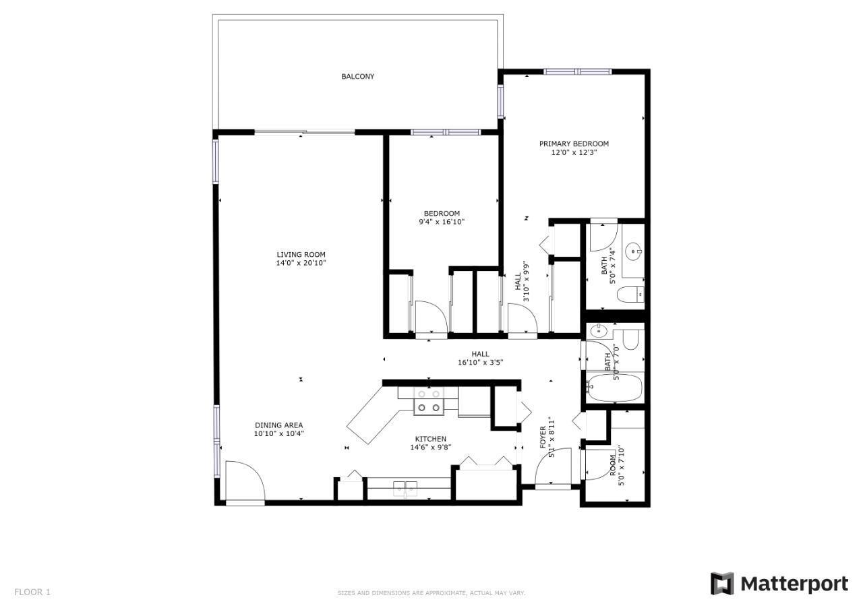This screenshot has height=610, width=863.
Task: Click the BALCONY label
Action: click(x=357, y=77)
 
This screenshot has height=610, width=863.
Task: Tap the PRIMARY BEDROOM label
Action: click(x=574, y=144)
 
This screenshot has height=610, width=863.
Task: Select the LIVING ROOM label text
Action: click(x=301, y=255)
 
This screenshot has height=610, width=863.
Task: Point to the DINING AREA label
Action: click(x=279, y=425)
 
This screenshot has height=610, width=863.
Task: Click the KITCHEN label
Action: click(x=431, y=439)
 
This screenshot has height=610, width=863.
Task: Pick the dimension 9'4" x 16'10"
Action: click(x=442, y=222)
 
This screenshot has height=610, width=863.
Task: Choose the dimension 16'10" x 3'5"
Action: click(x=481, y=363)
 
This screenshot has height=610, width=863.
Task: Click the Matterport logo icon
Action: click(x=722, y=584)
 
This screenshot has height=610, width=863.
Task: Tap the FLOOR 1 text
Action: click(x=32, y=592)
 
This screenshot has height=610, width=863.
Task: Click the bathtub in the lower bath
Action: click(x=614, y=388)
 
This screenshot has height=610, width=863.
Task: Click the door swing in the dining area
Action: click(x=245, y=481)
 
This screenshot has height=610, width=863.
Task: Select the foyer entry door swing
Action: click(x=554, y=466)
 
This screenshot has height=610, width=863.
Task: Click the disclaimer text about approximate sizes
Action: click(x=431, y=593)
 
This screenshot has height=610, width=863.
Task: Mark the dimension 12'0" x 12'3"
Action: click(x=574, y=152)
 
